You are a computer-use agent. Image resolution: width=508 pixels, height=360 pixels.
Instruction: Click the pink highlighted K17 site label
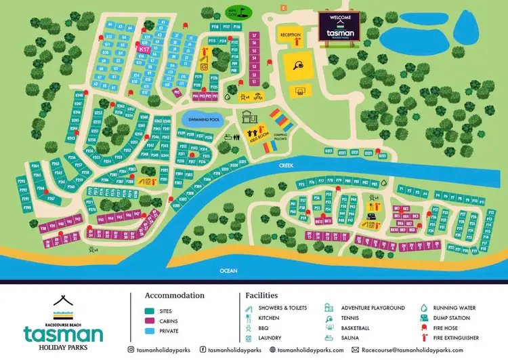(x=144, y=49)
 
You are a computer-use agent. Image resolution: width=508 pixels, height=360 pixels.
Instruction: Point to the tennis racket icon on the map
(x=298, y=65)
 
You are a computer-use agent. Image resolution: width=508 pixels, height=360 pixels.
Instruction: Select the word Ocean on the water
(x=228, y=271)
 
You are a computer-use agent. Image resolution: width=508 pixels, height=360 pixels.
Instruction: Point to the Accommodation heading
(x=175, y=296)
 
